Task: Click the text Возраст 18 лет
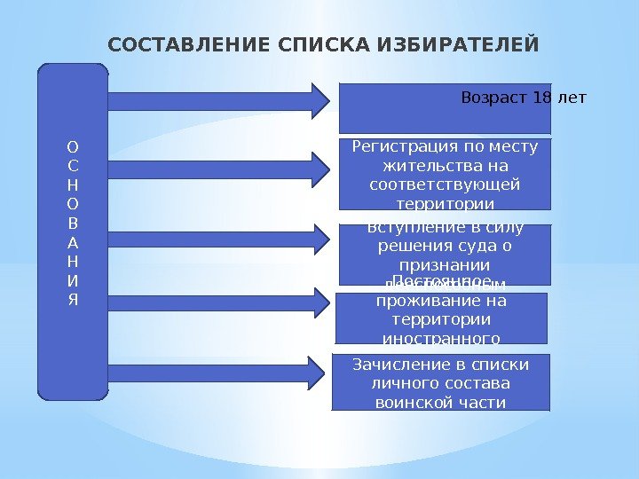pyautogui.click(x=524, y=97)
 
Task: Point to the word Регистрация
pyautogui.click(x=396, y=146)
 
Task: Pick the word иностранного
pyautogui.click(x=441, y=337)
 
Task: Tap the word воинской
pyautogui.click(x=406, y=402)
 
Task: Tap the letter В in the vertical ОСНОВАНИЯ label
pyautogui.click(x=73, y=223)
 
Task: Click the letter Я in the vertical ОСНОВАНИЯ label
pyautogui.click(x=73, y=298)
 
